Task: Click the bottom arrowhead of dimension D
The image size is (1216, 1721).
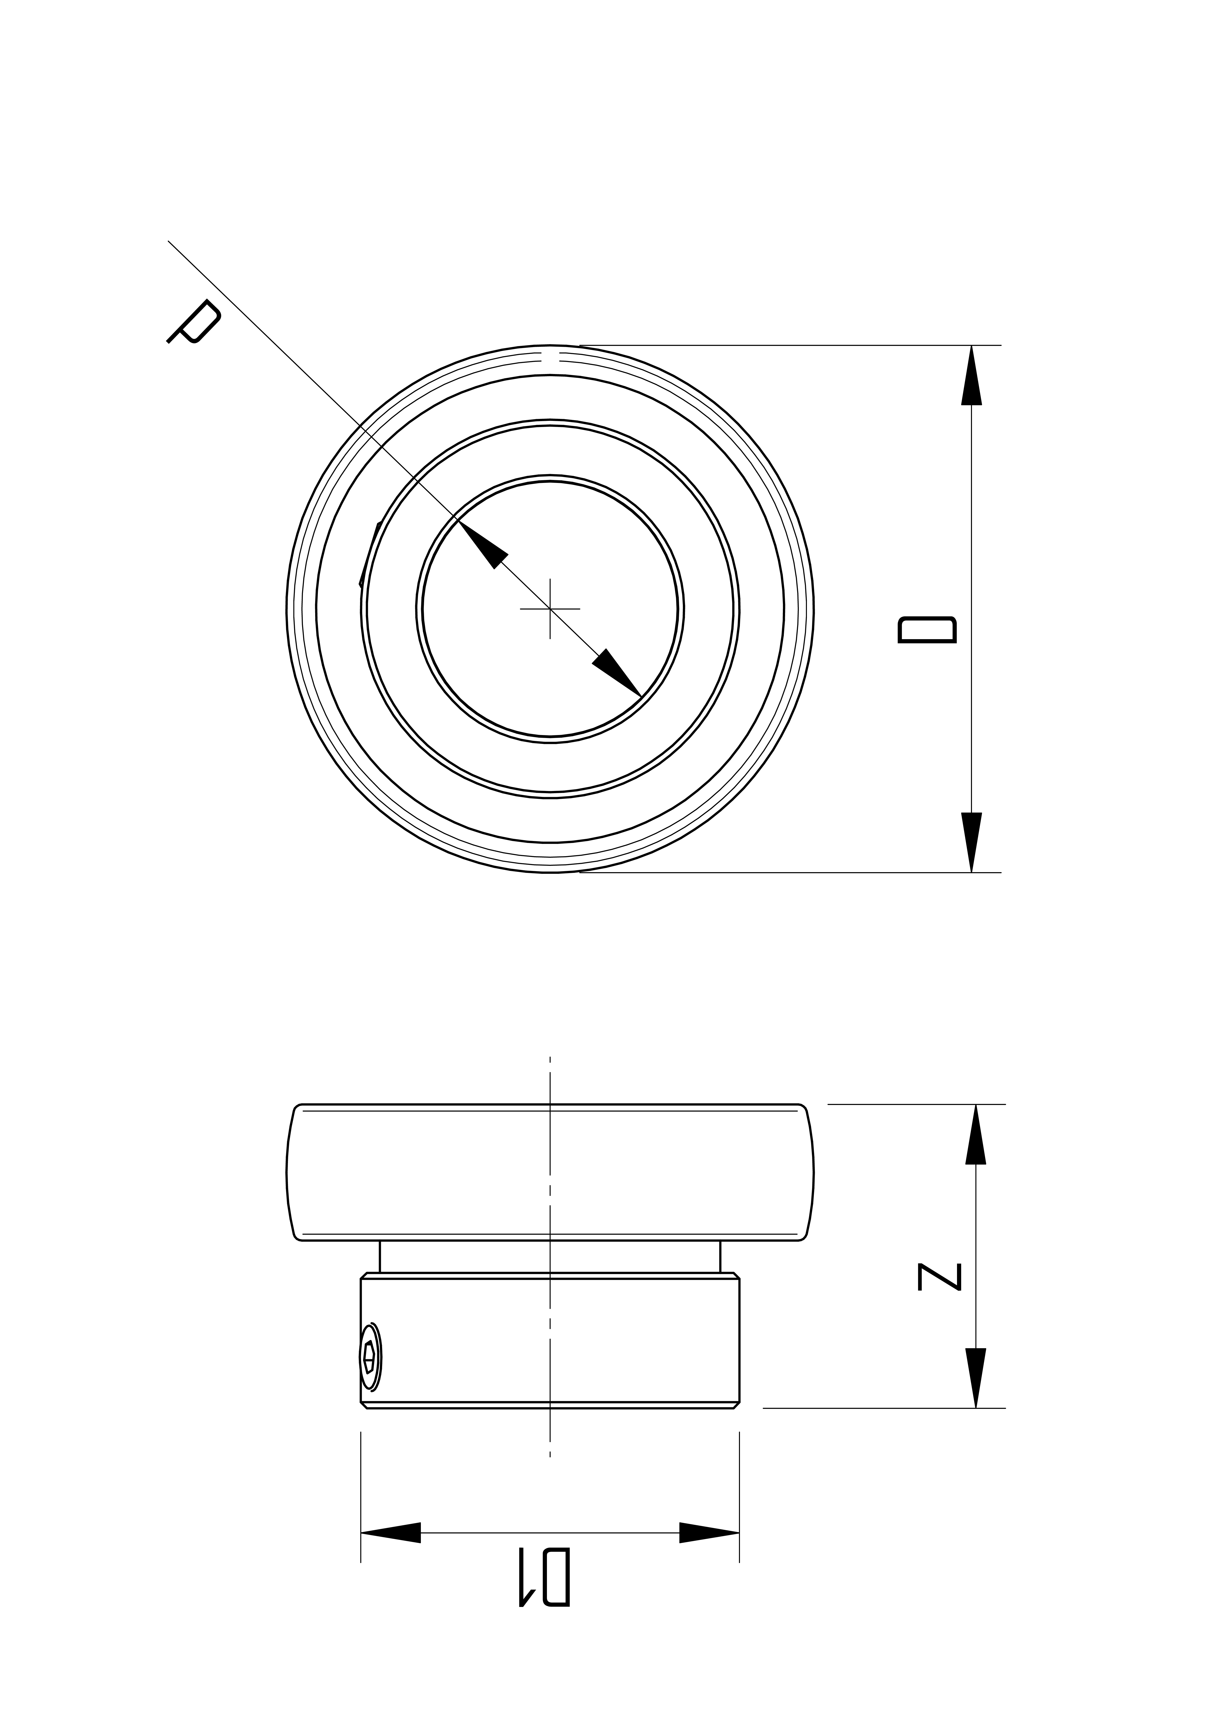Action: [972, 842]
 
